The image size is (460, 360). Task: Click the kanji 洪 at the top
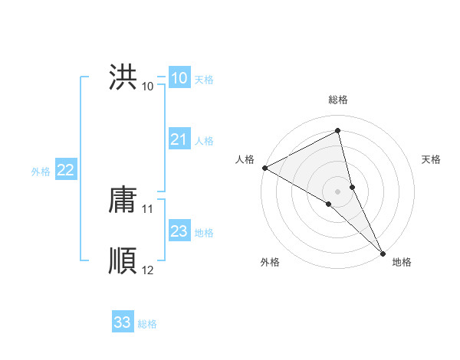(123, 77)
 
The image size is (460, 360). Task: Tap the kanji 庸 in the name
(123, 199)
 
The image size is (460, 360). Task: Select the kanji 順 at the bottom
(123, 261)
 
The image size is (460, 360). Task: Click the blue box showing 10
(179, 78)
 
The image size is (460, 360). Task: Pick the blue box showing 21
(179, 139)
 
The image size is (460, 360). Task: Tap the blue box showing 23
(179, 231)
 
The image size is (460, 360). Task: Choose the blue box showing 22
(65, 170)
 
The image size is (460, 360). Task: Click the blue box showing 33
(122, 322)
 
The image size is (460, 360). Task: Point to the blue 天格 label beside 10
(204, 80)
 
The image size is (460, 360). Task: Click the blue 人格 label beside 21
(204, 141)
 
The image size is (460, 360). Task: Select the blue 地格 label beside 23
(204, 233)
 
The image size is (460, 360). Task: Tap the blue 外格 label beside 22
(41, 172)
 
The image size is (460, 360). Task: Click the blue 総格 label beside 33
(147, 324)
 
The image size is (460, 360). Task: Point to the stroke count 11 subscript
(148, 208)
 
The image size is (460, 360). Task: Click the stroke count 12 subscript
(148, 270)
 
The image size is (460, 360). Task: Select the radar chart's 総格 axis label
(338, 100)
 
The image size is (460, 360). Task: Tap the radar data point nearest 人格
(264, 167)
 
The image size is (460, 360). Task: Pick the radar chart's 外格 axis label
(270, 263)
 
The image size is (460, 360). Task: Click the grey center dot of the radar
(338, 191)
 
